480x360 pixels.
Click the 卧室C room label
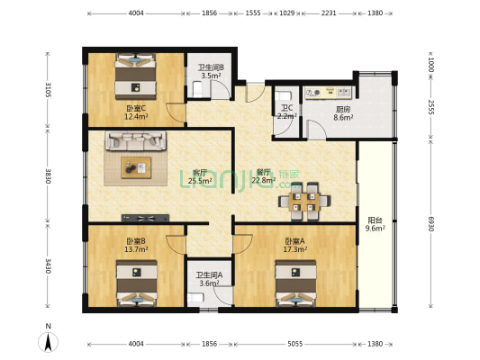(136, 112)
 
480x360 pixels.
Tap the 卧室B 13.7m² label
(136, 245)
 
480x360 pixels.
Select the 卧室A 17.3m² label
(294, 245)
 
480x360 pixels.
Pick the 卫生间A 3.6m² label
(209, 279)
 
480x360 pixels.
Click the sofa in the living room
(136, 141)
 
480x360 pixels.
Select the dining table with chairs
(303, 202)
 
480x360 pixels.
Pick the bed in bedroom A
(294, 282)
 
